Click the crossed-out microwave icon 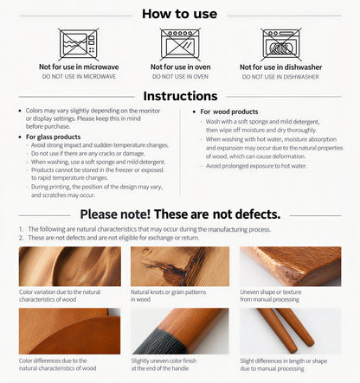[x=79, y=44]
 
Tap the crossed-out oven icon [x=180, y=44]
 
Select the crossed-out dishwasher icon [x=281, y=44]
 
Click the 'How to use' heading [x=179, y=14]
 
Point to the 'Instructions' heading [x=180, y=96]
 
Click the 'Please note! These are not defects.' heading [x=180, y=214]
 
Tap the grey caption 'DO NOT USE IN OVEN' [x=180, y=77]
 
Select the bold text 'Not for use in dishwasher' [x=281, y=67]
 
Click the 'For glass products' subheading [x=53, y=137]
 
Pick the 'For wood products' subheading [x=229, y=112]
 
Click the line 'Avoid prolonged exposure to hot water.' [x=256, y=166]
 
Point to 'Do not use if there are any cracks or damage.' [x=88, y=154]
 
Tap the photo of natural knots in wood [x=180, y=266]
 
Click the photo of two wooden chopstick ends [x=291, y=331]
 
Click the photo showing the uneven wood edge [x=291, y=266]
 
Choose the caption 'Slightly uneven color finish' [x=164, y=361]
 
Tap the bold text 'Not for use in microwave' [x=79, y=67]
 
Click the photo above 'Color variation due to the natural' [x=70, y=266]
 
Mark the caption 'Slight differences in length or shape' [x=284, y=361]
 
